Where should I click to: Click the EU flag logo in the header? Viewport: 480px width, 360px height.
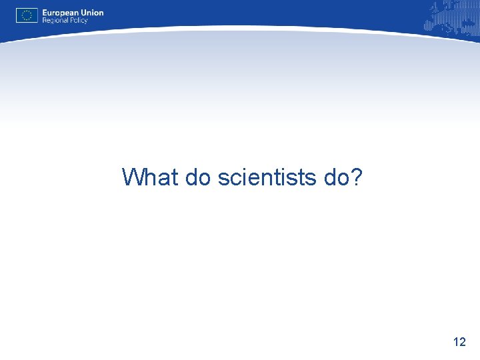point(27,15)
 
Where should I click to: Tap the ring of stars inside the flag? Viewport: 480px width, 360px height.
point(27,15)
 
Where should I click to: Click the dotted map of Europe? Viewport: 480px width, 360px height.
point(451,17)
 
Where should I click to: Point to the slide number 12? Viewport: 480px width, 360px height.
point(459,342)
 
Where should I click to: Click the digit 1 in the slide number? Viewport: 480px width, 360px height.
point(456,342)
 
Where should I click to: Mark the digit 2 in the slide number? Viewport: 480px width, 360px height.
point(463,342)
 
